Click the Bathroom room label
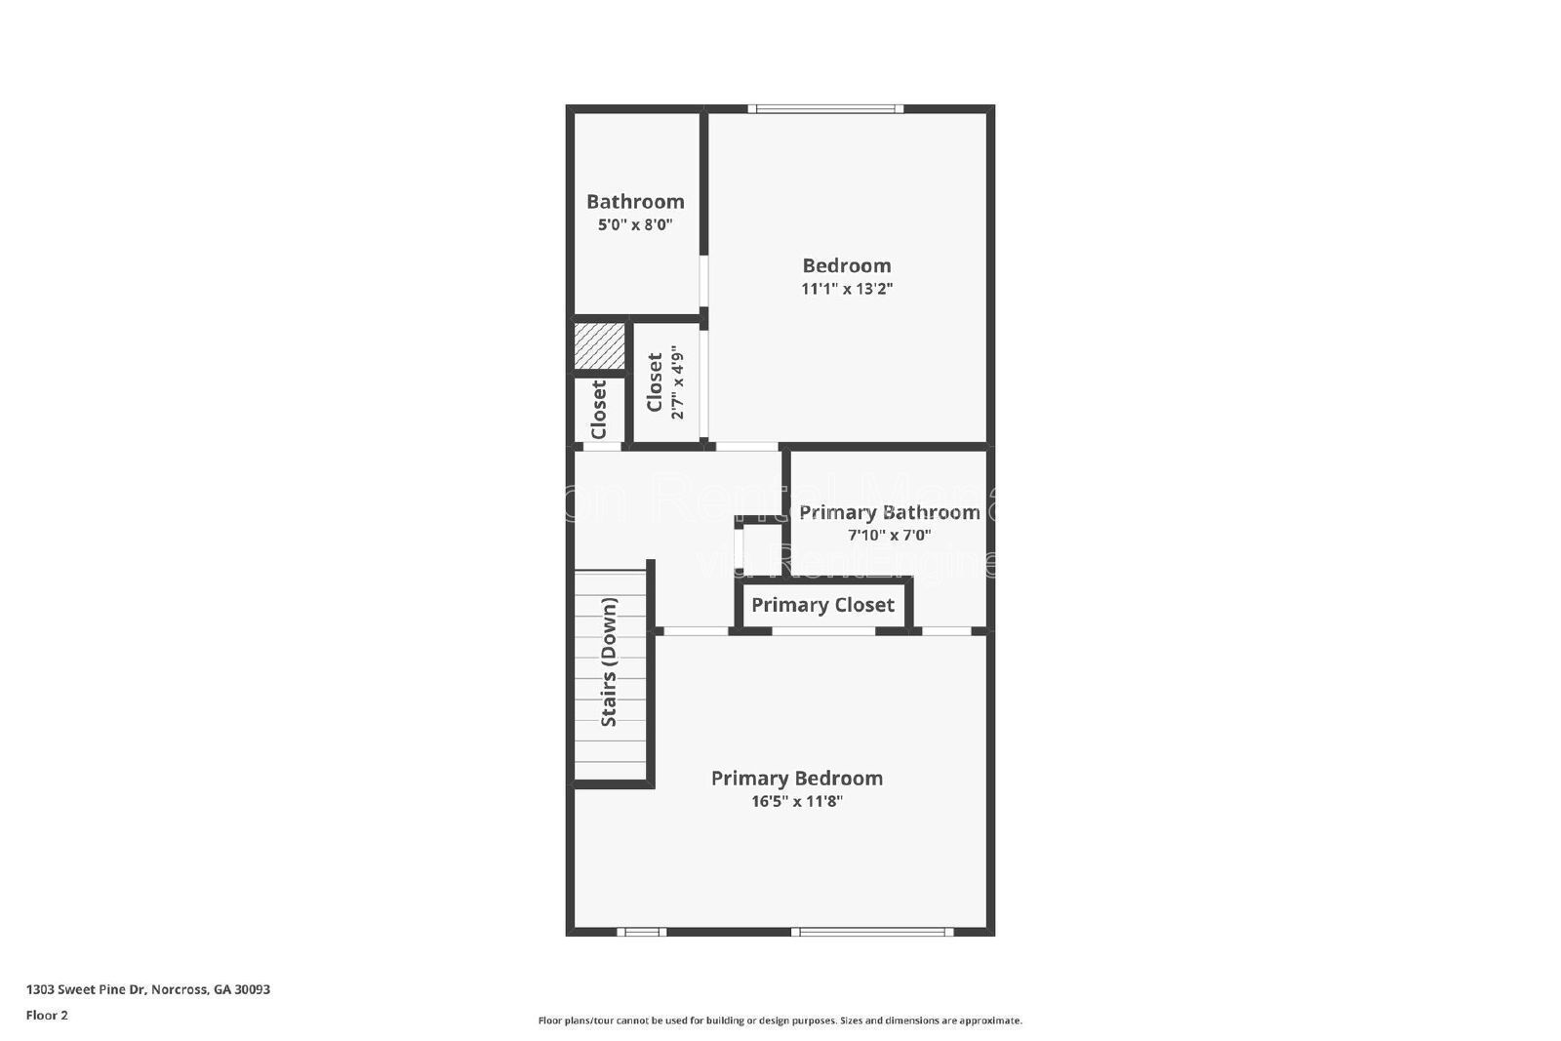(635, 202)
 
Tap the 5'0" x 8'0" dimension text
(635, 224)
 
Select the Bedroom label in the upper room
(847, 265)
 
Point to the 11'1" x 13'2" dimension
(847, 289)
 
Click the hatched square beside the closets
(599, 346)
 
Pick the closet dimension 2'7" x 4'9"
(677, 385)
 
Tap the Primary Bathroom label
(889, 512)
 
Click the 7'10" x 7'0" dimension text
(889, 535)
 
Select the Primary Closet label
(822, 605)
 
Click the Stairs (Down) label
(609, 662)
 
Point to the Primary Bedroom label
(796, 779)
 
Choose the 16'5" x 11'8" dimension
(796, 802)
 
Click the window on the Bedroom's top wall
(825, 109)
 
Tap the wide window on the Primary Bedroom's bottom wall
(872, 932)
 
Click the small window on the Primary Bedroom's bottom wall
(641, 932)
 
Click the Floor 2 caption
(47, 1016)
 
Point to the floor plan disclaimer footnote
(780, 1021)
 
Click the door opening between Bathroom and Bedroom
(703, 282)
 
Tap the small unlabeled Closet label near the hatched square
(599, 410)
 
